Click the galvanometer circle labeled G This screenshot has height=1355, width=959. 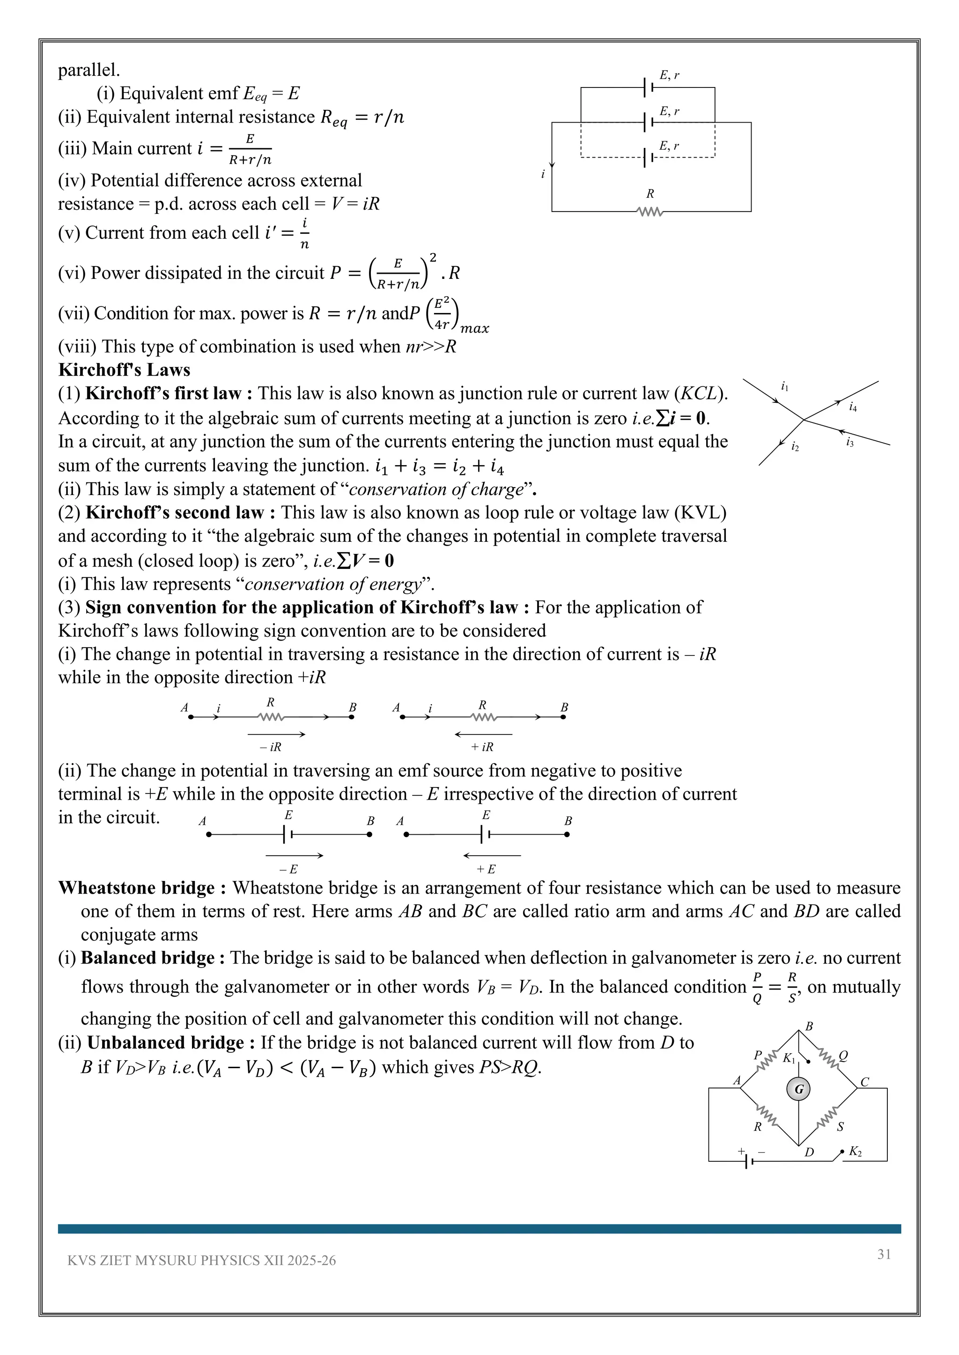pos(798,1089)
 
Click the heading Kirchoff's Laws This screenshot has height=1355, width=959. pos(124,370)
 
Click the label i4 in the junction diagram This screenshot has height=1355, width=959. pos(853,407)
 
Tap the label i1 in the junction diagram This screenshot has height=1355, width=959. pos(785,386)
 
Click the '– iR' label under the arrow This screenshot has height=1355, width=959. pos(271,747)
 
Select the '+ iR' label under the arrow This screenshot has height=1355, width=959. pos(482,747)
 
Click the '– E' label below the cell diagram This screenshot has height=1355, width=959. pos(288,869)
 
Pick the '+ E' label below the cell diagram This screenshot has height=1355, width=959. pos(486,869)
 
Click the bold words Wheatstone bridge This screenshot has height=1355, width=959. pos(136,888)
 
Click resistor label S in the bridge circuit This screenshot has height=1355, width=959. pos(841,1127)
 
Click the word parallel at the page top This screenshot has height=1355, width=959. pos(89,70)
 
